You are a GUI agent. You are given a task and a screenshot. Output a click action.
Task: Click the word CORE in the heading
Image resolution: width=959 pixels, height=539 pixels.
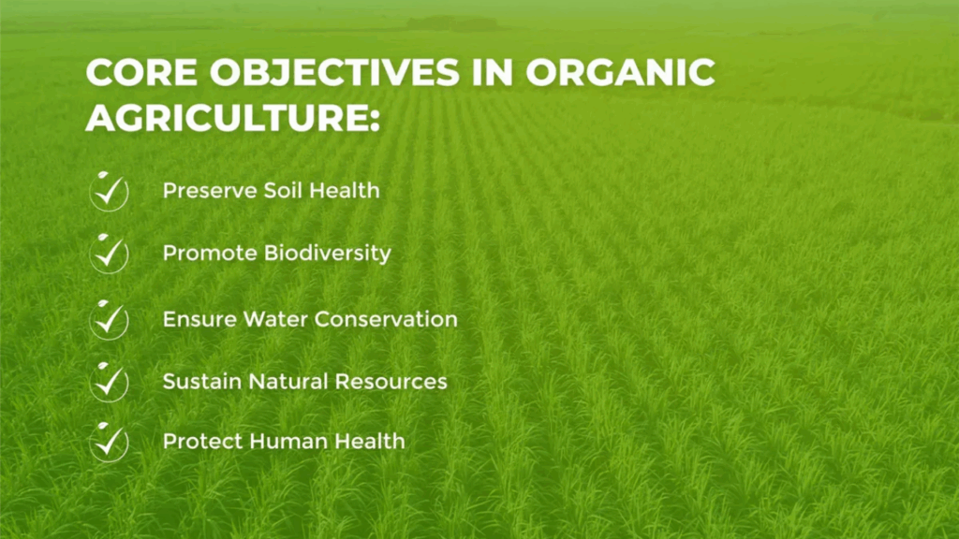pyautogui.click(x=142, y=72)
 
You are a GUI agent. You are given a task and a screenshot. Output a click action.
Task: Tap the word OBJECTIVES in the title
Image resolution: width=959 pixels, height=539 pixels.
pyautogui.click(x=334, y=72)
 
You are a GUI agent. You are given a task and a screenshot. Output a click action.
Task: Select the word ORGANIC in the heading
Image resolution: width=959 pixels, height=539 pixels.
pyautogui.click(x=620, y=72)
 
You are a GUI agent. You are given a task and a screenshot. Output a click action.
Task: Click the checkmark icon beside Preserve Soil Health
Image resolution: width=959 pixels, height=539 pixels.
pyautogui.click(x=109, y=191)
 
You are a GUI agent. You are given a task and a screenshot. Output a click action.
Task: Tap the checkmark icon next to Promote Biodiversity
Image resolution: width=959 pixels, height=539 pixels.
pyautogui.click(x=109, y=253)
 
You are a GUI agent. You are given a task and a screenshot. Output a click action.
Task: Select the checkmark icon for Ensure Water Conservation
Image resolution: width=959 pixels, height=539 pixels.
pyautogui.click(x=109, y=320)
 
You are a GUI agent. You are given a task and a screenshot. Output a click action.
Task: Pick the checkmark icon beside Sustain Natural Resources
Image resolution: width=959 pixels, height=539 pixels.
pyautogui.click(x=109, y=382)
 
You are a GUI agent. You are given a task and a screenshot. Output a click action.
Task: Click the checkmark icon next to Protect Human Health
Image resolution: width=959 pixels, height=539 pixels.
pyautogui.click(x=109, y=442)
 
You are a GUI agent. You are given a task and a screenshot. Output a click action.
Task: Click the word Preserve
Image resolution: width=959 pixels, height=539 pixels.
pyautogui.click(x=210, y=191)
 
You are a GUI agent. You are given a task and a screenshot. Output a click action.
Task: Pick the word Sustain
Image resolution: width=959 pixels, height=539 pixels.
pyautogui.click(x=202, y=382)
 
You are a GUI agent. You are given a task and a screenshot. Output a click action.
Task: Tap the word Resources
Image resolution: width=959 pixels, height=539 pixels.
pyautogui.click(x=391, y=382)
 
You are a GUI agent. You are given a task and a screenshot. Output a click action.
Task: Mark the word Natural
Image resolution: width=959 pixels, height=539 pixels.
pyautogui.click(x=288, y=382)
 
